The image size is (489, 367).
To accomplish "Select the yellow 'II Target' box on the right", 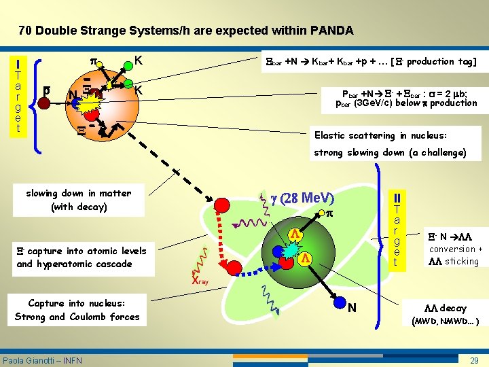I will (397, 231).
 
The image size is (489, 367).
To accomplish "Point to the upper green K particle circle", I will (128, 66).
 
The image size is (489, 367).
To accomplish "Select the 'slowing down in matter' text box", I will (79, 200).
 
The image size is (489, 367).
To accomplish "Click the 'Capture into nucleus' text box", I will (77, 310).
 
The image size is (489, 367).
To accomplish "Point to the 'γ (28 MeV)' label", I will (303, 198).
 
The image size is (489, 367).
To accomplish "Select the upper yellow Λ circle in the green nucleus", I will (295, 234).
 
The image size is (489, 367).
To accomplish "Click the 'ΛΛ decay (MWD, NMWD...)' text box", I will (445, 314).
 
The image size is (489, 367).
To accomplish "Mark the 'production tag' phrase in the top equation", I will (441, 61).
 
